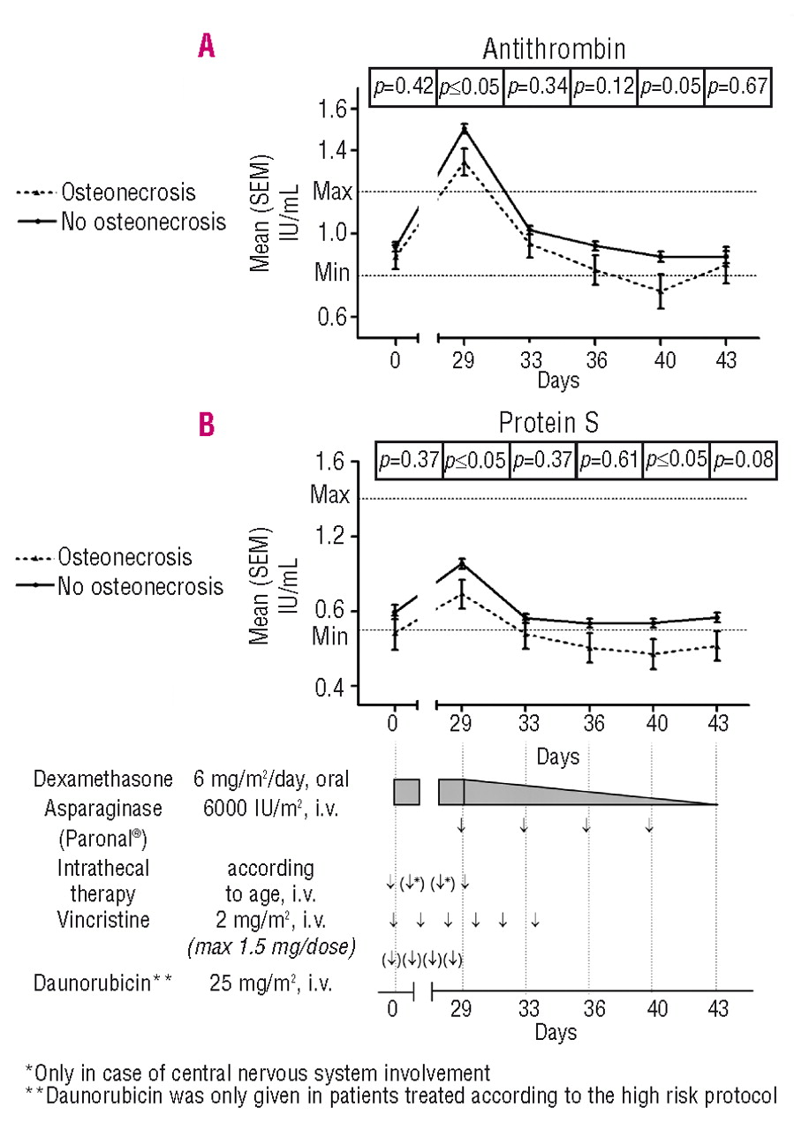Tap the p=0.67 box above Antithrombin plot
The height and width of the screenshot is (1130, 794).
737,87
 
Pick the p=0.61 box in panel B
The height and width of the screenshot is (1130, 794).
609,461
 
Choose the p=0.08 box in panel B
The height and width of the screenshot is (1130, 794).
744,461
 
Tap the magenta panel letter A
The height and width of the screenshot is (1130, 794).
206,44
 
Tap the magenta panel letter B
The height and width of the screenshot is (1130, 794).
206,426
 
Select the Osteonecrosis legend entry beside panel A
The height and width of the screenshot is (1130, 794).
128,192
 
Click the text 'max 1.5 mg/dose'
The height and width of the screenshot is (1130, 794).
271,947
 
